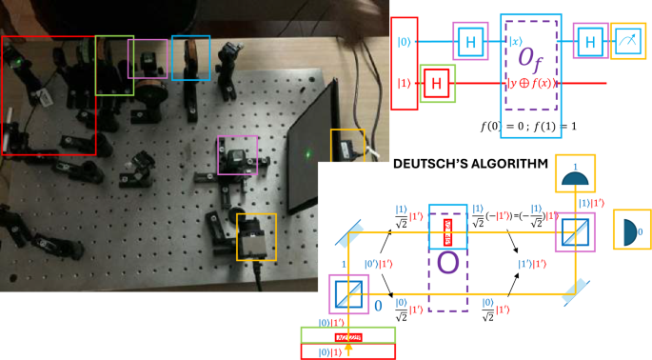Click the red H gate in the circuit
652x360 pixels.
[x=437, y=83]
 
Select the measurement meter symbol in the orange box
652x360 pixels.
[x=626, y=42]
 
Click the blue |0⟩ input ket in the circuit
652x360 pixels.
[x=403, y=42]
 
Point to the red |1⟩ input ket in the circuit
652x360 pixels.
[x=403, y=83]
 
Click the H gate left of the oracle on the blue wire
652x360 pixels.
[x=470, y=42]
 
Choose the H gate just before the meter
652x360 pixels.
[x=590, y=42]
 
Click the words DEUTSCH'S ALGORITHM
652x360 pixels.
[x=472, y=165]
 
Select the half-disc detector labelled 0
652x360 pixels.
[x=630, y=229]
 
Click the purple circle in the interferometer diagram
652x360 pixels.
[x=447, y=259]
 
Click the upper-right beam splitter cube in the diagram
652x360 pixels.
[x=575, y=230]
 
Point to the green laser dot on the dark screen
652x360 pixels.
[x=307, y=152]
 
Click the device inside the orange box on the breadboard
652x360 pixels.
[x=256, y=234]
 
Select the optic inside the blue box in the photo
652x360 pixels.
[x=190, y=59]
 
